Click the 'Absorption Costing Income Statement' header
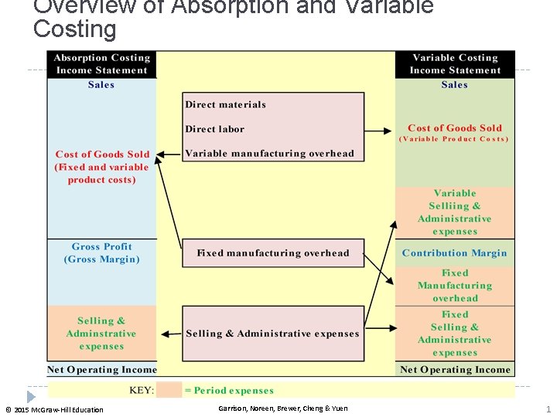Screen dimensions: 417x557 click(101, 64)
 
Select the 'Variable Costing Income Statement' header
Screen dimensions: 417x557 click(455, 64)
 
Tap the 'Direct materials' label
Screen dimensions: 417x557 click(225, 105)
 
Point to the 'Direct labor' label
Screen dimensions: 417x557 click(214, 129)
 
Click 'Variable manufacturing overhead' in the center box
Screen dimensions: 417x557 click(269, 154)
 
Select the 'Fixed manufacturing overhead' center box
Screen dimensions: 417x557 click(273, 253)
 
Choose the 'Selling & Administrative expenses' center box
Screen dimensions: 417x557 click(273, 334)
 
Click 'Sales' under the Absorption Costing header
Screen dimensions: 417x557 click(101, 85)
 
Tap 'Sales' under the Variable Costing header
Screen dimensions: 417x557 click(455, 85)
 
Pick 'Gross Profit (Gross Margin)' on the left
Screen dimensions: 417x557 click(101, 253)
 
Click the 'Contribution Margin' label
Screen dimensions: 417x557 click(455, 253)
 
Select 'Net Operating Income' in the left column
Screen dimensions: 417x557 click(101, 370)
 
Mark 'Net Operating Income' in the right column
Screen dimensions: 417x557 click(455, 370)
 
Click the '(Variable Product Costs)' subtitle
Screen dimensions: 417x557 click(455, 140)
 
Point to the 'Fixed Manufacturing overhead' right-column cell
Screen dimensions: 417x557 click(455, 286)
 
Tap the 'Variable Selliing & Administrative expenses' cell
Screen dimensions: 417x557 click(455, 212)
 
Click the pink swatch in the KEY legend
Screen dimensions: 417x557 click(169, 390)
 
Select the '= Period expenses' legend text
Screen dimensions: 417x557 click(229, 391)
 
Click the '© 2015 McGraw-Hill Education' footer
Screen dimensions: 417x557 click(54, 409)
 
